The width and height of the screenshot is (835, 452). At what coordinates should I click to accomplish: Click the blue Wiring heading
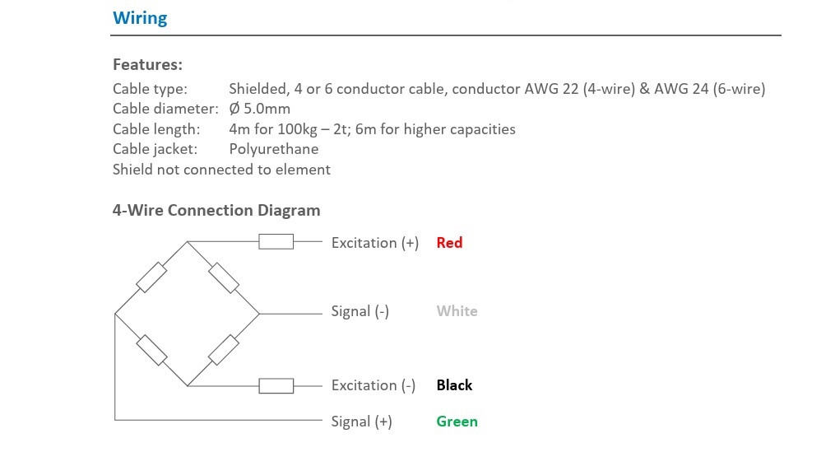(139, 18)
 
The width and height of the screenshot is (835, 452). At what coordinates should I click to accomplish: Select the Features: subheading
(147, 64)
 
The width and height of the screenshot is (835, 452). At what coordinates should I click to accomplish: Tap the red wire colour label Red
(449, 243)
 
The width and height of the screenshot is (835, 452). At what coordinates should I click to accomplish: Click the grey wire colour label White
(457, 311)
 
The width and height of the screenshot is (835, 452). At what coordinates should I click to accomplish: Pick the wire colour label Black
(454, 385)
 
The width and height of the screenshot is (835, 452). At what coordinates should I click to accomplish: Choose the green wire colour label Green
(457, 422)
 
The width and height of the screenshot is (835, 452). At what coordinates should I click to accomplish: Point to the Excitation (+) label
(374, 243)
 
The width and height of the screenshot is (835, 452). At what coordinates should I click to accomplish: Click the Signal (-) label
(360, 311)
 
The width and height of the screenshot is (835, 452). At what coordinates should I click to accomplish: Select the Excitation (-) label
(373, 385)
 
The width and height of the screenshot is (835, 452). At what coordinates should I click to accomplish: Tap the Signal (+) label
(361, 422)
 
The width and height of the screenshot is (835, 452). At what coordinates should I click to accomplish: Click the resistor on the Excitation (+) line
(276, 242)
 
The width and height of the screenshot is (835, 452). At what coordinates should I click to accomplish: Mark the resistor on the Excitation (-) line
(276, 384)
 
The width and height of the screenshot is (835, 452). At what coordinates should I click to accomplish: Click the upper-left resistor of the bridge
(151, 277)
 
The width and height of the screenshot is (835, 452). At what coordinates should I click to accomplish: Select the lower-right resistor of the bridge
(223, 349)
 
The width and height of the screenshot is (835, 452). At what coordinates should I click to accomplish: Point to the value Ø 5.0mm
(259, 109)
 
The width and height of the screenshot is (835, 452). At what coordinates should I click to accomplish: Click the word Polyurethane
(273, 149)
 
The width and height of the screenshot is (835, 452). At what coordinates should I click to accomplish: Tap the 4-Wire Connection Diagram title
(216, 210)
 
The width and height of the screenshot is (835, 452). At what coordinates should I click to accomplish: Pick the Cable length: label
(156, 129)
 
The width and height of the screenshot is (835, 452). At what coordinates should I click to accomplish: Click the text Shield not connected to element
(221, 170)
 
